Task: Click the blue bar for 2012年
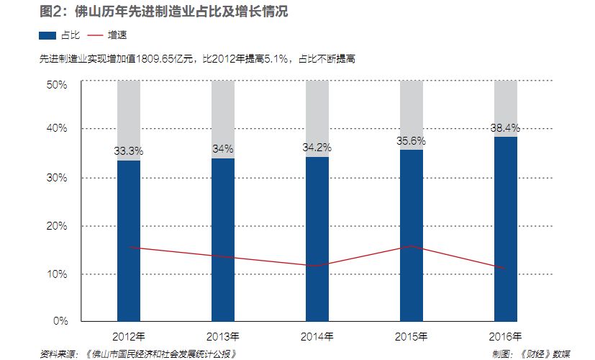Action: [x=129, y=240]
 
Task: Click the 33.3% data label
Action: [x=129, y=151]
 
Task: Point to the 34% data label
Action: [x=223, y=149]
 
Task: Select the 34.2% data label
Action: [x=317, y=148]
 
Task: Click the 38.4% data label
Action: [x=505, y=127]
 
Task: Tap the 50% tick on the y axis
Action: [x=57, y=84]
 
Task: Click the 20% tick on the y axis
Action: [x=57, y=226]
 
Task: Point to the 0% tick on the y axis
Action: [x=60, y=320]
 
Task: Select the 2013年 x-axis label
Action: [x=223, y=336]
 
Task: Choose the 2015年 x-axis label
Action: [x=412, y=336]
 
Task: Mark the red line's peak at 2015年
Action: [x=412, y=246]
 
